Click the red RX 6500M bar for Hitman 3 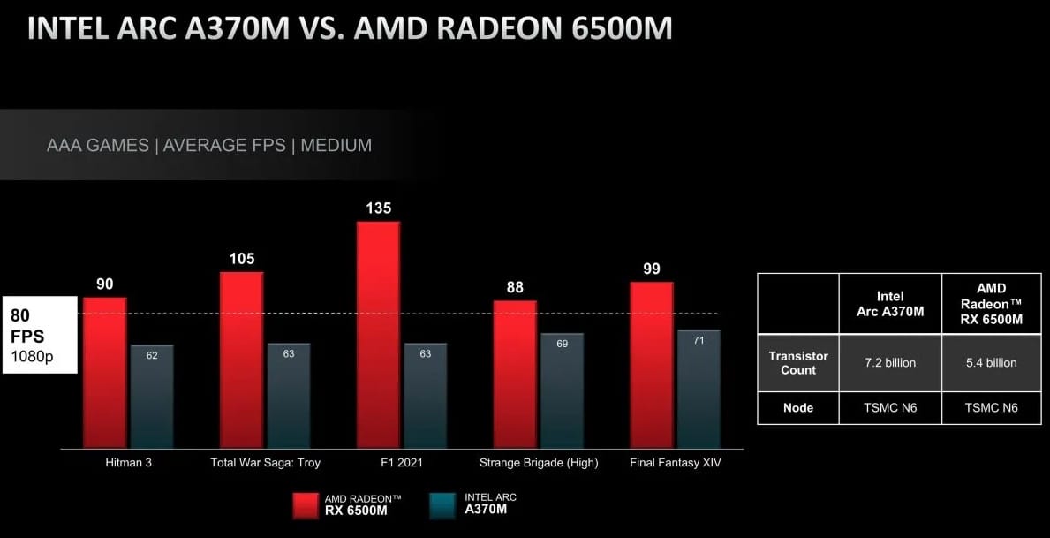105,372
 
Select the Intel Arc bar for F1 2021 425,395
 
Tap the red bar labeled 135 378,334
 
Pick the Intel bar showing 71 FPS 699,389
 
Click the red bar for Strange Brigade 515,374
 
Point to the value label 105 241,259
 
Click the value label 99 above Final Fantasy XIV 652,269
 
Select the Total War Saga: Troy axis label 265,463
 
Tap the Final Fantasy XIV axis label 676,463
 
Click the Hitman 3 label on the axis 128,463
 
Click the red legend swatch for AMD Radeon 306,504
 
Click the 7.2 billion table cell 890,363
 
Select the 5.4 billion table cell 992,363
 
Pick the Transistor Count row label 798,363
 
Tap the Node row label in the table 798,407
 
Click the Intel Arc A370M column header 890,303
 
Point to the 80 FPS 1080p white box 40,335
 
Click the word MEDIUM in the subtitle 336,145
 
